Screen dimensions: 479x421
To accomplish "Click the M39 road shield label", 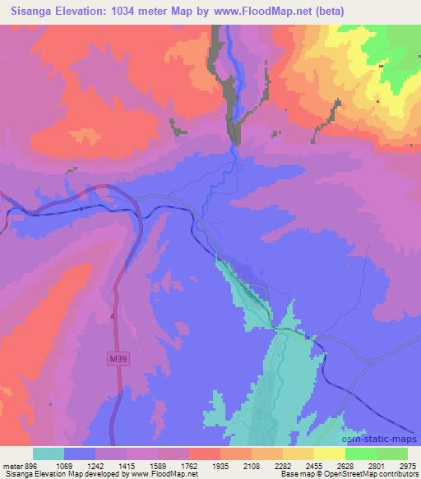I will [119, 360].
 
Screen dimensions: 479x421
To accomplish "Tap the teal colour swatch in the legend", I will [48, 453].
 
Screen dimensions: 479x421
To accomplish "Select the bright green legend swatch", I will [360, 453].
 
